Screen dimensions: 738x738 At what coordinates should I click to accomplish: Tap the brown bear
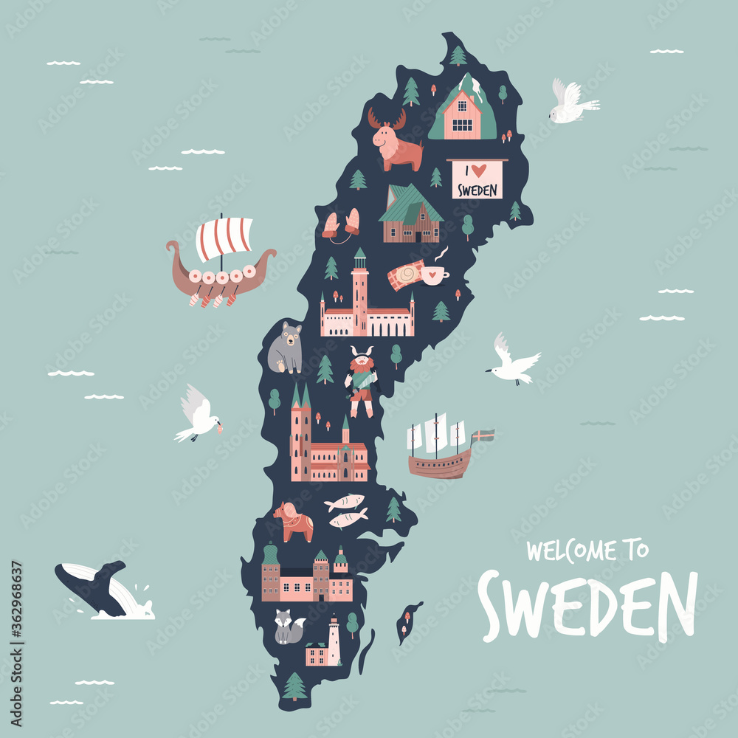coord(286,348)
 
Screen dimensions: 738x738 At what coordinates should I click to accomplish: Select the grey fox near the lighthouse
coord(288,627)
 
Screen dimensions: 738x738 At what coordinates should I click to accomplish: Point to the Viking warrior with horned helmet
coord(362,380)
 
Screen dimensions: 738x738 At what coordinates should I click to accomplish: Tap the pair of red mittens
coord(341,223)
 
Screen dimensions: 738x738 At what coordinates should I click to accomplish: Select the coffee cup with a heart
coord(432,275)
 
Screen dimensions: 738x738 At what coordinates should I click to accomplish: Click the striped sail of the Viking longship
coord(224,238)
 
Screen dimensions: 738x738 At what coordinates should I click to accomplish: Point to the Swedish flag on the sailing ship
coord(483,435)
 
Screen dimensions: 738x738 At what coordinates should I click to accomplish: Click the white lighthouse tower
coord(334,641)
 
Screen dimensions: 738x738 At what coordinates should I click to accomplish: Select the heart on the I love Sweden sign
coord(479,170)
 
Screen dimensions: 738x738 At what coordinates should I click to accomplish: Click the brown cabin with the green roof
coord(411,215)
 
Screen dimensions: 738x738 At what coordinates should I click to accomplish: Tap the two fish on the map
coord(345,511)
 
